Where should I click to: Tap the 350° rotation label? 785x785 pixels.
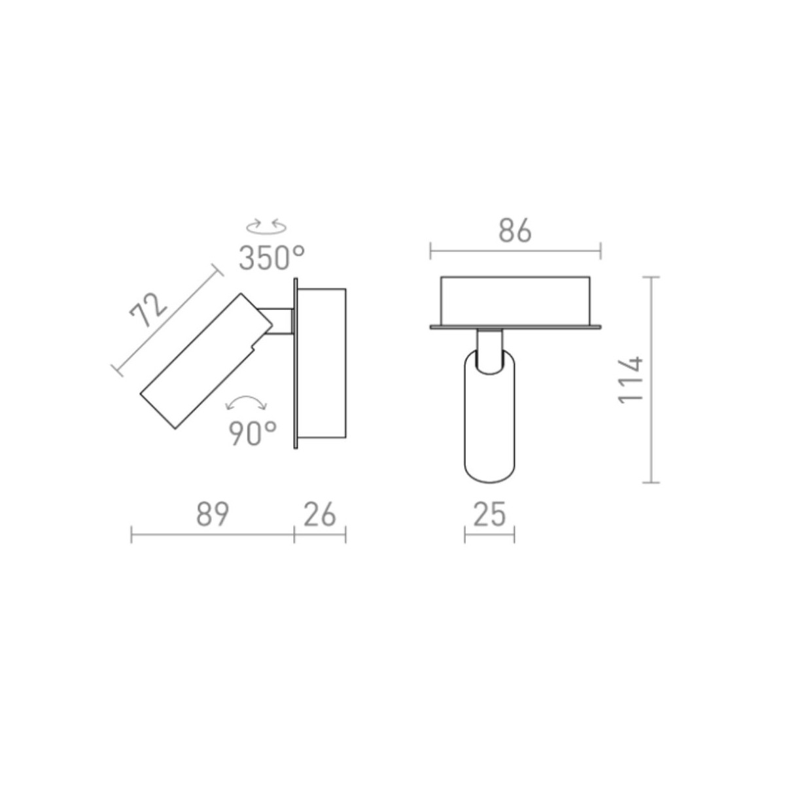tap(271, 258)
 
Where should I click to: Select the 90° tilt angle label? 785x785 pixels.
tap(253, 433)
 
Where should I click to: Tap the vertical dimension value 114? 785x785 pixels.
tap(630, 380)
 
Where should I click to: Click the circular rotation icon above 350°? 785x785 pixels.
tap(266, 226)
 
